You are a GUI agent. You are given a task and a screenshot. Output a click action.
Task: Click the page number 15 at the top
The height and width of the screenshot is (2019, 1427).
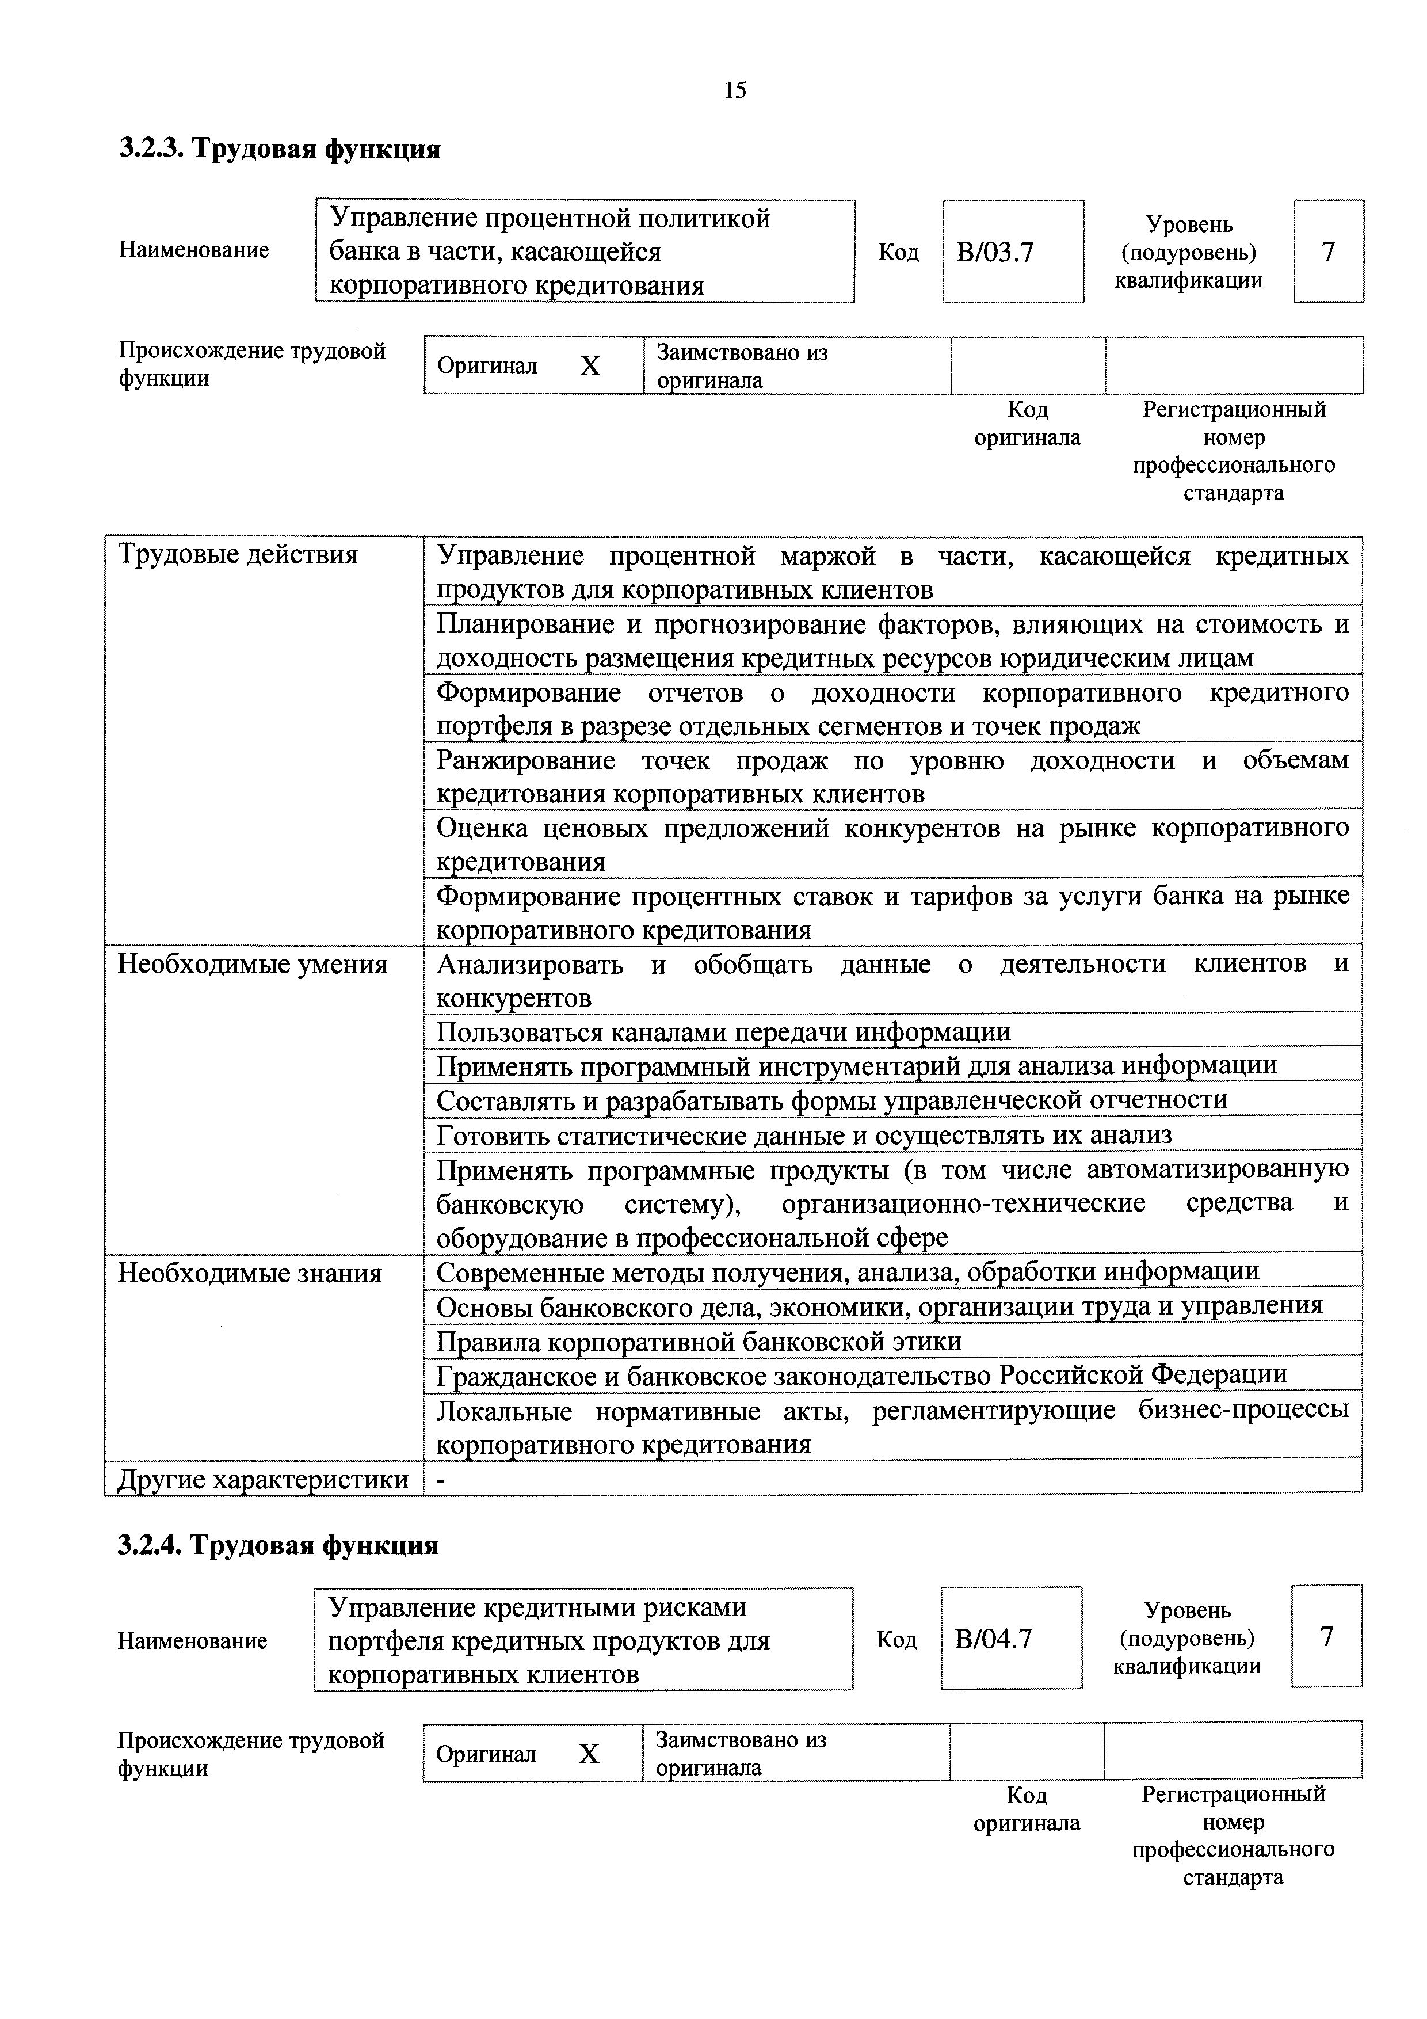[x=735, y=90]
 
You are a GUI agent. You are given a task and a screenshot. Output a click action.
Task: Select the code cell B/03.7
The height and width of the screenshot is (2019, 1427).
[x=1012, y=252]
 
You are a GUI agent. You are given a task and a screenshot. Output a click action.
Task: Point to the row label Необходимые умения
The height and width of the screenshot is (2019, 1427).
[x=253, y=965]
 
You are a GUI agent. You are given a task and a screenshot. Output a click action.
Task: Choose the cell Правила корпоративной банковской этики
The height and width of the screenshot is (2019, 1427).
[x=699, y=1341]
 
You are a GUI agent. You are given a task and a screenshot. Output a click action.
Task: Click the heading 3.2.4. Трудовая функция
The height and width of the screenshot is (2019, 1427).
[x=278, y=1544]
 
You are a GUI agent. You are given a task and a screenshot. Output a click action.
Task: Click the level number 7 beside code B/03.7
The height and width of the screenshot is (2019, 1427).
[x=1327, y=252]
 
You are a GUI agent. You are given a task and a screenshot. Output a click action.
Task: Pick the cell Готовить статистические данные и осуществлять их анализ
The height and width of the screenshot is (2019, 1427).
[x=804, y=1135]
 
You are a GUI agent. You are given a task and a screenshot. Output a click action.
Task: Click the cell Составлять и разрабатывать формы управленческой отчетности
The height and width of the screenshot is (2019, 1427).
[x=832, y=1100]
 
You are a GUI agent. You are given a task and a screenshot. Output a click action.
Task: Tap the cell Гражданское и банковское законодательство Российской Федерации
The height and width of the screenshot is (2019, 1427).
[x=861, y=1374]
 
